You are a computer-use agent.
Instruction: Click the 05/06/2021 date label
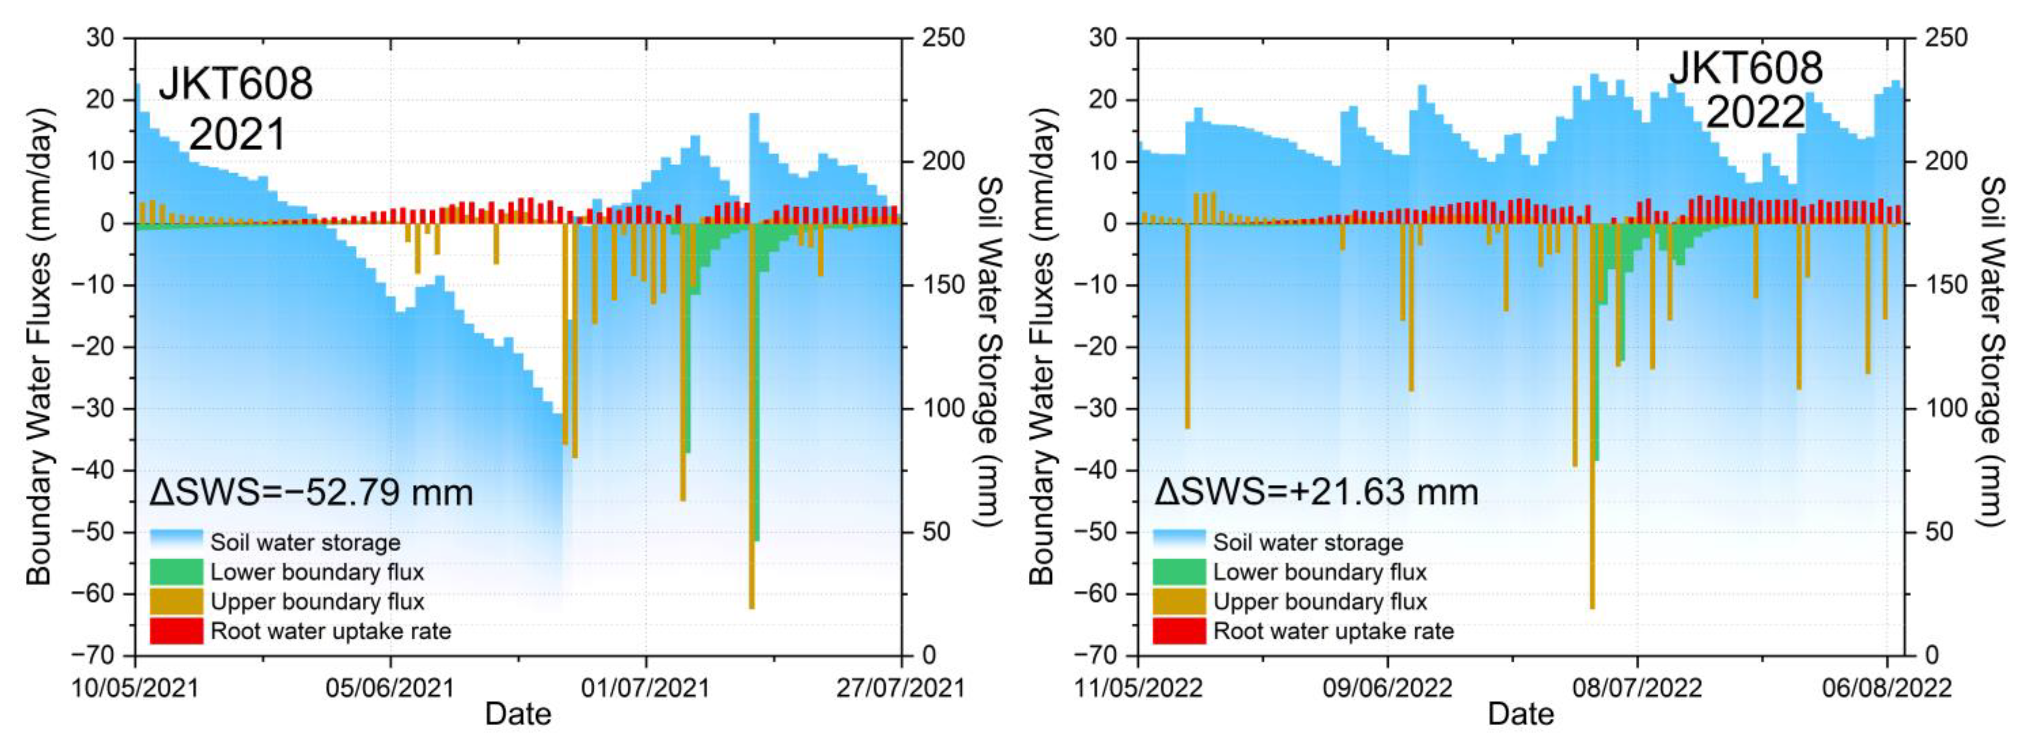pos(390,688)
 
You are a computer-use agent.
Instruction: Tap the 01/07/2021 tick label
pos(646,688)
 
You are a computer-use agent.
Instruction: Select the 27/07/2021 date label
pos(900,688)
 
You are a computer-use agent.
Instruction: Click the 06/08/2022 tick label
pos(1886,688)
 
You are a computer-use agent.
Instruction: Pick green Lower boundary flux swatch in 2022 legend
pos(1179,572)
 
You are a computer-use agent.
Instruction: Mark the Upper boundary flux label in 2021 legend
pos(317,602)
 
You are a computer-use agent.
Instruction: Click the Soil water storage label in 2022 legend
pos(1307,542)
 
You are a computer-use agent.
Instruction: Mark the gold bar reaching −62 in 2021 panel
pos(751,416)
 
